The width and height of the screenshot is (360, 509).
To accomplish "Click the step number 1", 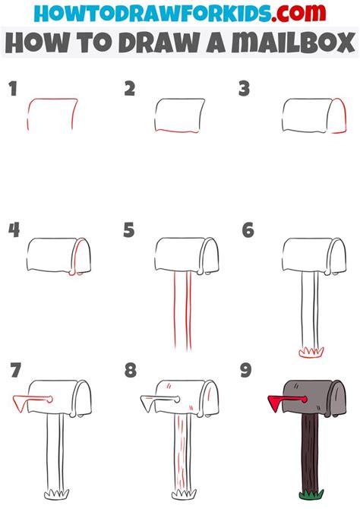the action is (13, 89).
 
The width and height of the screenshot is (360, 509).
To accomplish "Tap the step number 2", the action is (130, 89).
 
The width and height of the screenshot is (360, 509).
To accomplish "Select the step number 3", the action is (244, 89).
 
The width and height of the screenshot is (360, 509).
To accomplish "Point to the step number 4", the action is (14, 230).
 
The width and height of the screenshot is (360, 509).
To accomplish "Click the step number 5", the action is (129, 230).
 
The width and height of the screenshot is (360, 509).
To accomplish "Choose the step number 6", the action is (248, 230).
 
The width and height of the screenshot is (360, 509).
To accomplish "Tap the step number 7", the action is (16, 370).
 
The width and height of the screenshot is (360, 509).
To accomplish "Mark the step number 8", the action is (130, 370).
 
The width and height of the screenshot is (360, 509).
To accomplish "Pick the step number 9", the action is (246, 370).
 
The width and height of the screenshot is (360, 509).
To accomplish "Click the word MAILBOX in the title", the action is (293, 43).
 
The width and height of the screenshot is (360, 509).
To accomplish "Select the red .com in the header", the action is (298, 13).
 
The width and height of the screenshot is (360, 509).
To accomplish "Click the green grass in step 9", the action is (311, 495).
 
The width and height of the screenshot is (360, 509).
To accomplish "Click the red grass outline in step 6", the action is (311, 353).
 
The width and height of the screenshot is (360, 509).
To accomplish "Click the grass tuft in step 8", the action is (184, 494).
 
